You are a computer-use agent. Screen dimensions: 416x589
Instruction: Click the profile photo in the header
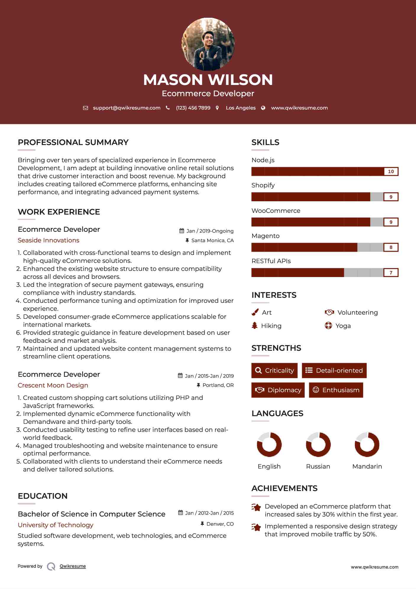click(x=208, y=44)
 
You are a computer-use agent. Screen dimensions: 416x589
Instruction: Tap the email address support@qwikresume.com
click(x=127, y=108)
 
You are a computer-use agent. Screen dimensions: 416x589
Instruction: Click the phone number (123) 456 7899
click(x=193, y=108)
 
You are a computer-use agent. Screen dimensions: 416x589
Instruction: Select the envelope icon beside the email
click(x=85, y=108)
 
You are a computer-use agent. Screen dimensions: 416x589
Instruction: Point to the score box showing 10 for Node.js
click(x=391, y=171)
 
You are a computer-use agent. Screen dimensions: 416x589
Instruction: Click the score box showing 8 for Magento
click(x=391, y=247)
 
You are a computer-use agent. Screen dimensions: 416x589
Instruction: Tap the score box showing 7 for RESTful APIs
click(x=391, y=273)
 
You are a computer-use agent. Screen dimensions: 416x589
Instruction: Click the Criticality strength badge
click(x=274, y=371)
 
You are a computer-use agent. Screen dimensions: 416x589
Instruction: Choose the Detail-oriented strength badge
click(x=334, y=371)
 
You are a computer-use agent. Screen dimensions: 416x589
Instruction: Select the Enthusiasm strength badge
click(x=336, y=390)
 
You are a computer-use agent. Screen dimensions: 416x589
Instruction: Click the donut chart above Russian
click(x=318, y=444)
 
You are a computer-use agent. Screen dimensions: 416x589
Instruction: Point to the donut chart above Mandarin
click(x=367, y=444)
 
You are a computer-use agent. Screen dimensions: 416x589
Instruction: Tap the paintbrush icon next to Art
click(x=255, y=312)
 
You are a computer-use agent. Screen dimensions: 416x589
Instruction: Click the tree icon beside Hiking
click(x=255, y=326)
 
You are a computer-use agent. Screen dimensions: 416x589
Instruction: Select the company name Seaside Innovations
click(x=48, y=240)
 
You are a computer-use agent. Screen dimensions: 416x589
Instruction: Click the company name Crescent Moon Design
click(x=53, y=385)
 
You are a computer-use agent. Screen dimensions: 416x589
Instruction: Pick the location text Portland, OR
click(x=218, y=385)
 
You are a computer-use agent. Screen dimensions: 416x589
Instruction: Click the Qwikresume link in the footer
click(x=73, y=566)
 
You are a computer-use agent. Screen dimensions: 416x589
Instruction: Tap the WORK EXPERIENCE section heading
click(x=59, y=212)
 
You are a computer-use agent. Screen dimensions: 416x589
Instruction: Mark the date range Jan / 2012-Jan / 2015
click(x=209, y=513)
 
